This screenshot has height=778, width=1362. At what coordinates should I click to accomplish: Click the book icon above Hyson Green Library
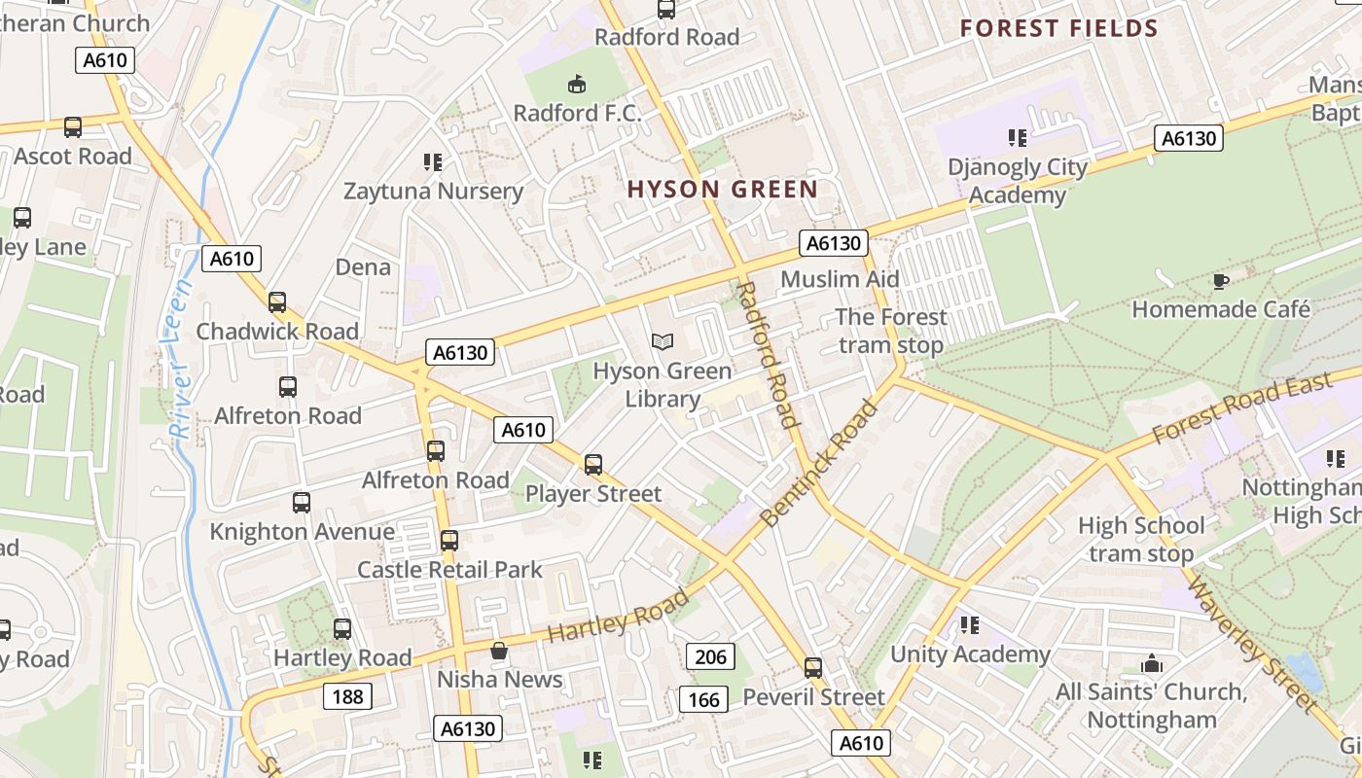663,341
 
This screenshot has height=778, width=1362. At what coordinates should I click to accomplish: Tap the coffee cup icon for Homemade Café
1220,282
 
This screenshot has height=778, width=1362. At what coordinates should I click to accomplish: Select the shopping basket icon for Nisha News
499,650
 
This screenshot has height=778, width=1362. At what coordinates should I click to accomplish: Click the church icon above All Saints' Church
1152,664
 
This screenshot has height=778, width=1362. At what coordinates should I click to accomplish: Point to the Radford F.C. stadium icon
577,85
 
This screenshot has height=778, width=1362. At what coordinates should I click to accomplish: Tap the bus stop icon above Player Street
593,465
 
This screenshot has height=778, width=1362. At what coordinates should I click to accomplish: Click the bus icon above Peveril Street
813,668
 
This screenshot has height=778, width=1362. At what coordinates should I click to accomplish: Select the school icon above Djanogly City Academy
1018,138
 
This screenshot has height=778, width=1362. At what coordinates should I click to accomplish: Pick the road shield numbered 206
711,656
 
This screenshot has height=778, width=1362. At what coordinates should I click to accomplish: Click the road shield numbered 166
703,699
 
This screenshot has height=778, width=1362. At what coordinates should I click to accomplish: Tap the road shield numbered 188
347,695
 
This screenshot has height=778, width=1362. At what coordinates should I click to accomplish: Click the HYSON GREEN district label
722,189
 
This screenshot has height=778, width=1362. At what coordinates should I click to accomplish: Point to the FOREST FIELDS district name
1059,28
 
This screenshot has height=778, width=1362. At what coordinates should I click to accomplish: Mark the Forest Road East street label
1242,408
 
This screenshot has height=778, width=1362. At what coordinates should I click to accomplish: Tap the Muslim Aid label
840,279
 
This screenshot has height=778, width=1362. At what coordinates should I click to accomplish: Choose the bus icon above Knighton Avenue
302,503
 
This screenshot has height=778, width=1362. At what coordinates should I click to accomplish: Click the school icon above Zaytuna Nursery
433,161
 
